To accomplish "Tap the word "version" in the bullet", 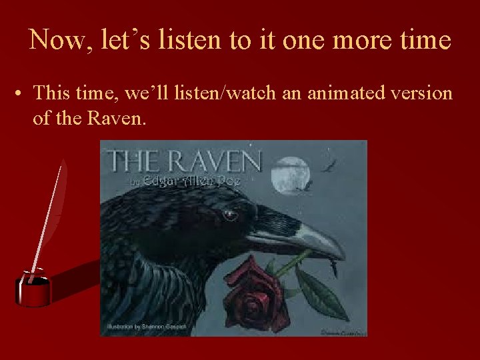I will coord(422,93).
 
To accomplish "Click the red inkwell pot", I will coord(33,289).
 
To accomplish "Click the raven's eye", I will coord(229,215).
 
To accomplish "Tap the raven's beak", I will coord(300,237).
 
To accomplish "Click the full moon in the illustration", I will coord(292,174).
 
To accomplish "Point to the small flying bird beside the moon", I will coord(327,167).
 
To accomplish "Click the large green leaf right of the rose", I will coord(320,293).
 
